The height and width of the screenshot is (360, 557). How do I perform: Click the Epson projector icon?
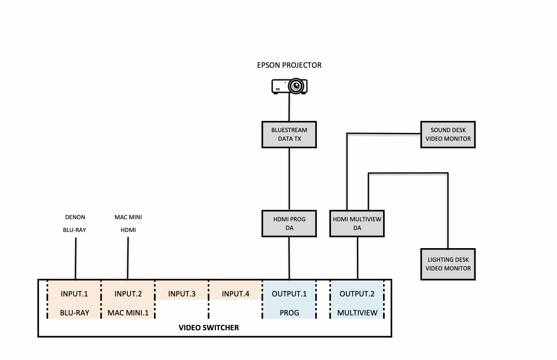tap(289, 86)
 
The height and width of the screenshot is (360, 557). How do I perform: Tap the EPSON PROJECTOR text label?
tap(289, 65)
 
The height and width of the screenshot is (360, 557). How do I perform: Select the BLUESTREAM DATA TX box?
tap(289, 135)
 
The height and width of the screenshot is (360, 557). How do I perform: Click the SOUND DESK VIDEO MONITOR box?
tap(448, 135)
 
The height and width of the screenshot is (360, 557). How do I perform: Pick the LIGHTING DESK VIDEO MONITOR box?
tap(448, 264)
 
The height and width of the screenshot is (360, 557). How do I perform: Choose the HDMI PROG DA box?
tap(289, 223)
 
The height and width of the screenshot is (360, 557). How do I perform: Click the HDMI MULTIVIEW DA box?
tap(357, 223)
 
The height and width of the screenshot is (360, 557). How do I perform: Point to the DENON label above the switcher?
tap(75, 217)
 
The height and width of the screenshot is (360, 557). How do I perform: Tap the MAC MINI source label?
tap(128, 217)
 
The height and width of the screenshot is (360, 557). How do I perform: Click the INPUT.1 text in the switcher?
tap(74, 294)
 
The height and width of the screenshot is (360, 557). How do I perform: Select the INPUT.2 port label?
tap(128, 294)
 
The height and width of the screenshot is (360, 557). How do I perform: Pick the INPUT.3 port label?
tap(182, 294)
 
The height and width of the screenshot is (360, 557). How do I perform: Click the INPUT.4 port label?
tap(236, 294)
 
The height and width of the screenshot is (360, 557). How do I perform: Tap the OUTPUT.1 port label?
tap(289, 294)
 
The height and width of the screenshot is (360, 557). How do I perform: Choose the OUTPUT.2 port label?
tap(357, 294)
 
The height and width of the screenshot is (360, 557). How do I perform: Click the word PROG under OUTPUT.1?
tap(289, 313)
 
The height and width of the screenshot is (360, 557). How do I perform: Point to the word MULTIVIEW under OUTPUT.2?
tap(357, 313)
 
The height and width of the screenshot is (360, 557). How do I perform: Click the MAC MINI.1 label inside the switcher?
tap(128, 313)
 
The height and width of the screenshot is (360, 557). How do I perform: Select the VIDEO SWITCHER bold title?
tap(209, 328)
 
